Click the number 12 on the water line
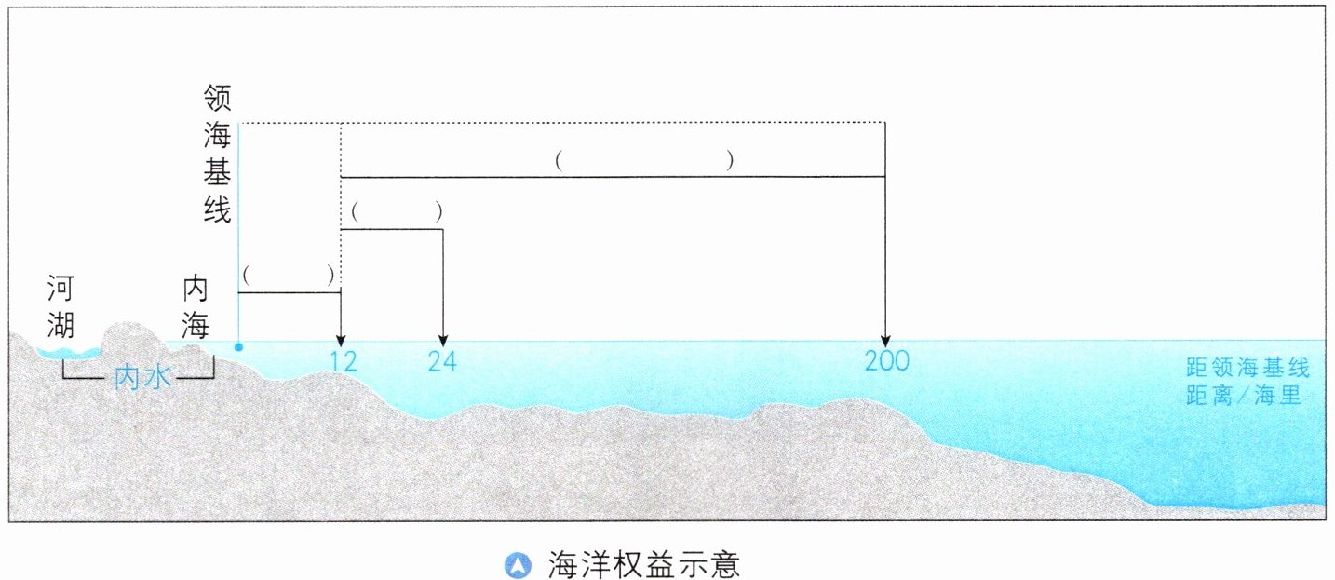tap(343, 361)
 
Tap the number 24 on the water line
tap(443, 361)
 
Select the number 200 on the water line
tap(885, 361)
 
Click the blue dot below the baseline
tap(239, 347)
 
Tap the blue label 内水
tap(140, 377)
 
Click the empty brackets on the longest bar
tap(644, 161)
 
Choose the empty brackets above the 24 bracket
tap(396, 213)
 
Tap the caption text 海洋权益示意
tap(643, 564)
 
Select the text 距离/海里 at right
tap(1243, 396)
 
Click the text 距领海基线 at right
tap(1247, 370)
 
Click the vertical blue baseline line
tap(239, 233)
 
